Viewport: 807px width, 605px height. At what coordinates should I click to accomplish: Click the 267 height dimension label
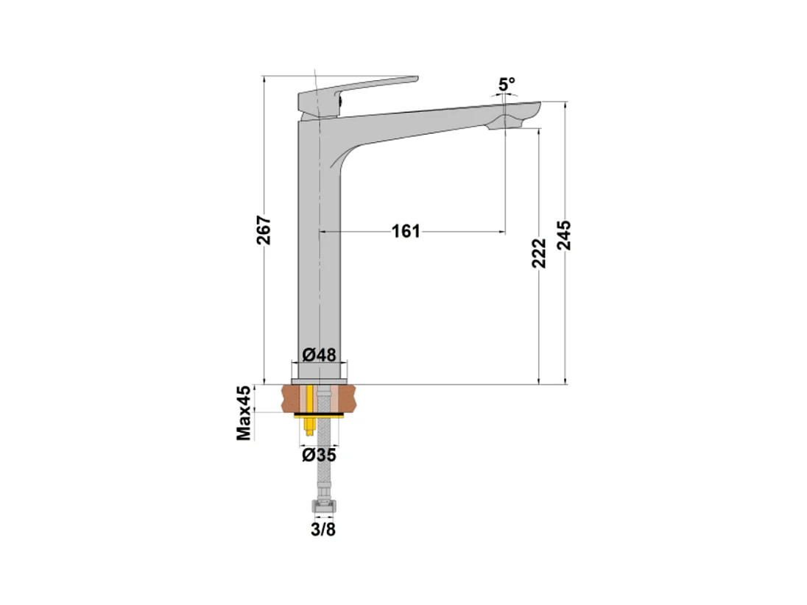[264, 229]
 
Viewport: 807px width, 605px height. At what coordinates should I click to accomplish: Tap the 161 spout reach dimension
[406, 232]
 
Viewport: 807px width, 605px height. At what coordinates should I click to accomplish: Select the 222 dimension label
[539, 252]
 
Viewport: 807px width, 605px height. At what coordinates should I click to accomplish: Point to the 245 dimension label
[564, 235]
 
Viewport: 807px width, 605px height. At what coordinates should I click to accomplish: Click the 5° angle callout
[507, 84]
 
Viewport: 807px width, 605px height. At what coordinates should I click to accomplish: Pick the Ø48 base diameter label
[319, 355]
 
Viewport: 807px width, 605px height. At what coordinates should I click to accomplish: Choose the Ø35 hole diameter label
[319, 455]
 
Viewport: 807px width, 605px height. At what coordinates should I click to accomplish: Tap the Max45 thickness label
[244, 413]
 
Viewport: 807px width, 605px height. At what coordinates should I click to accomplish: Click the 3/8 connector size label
[323, 529]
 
